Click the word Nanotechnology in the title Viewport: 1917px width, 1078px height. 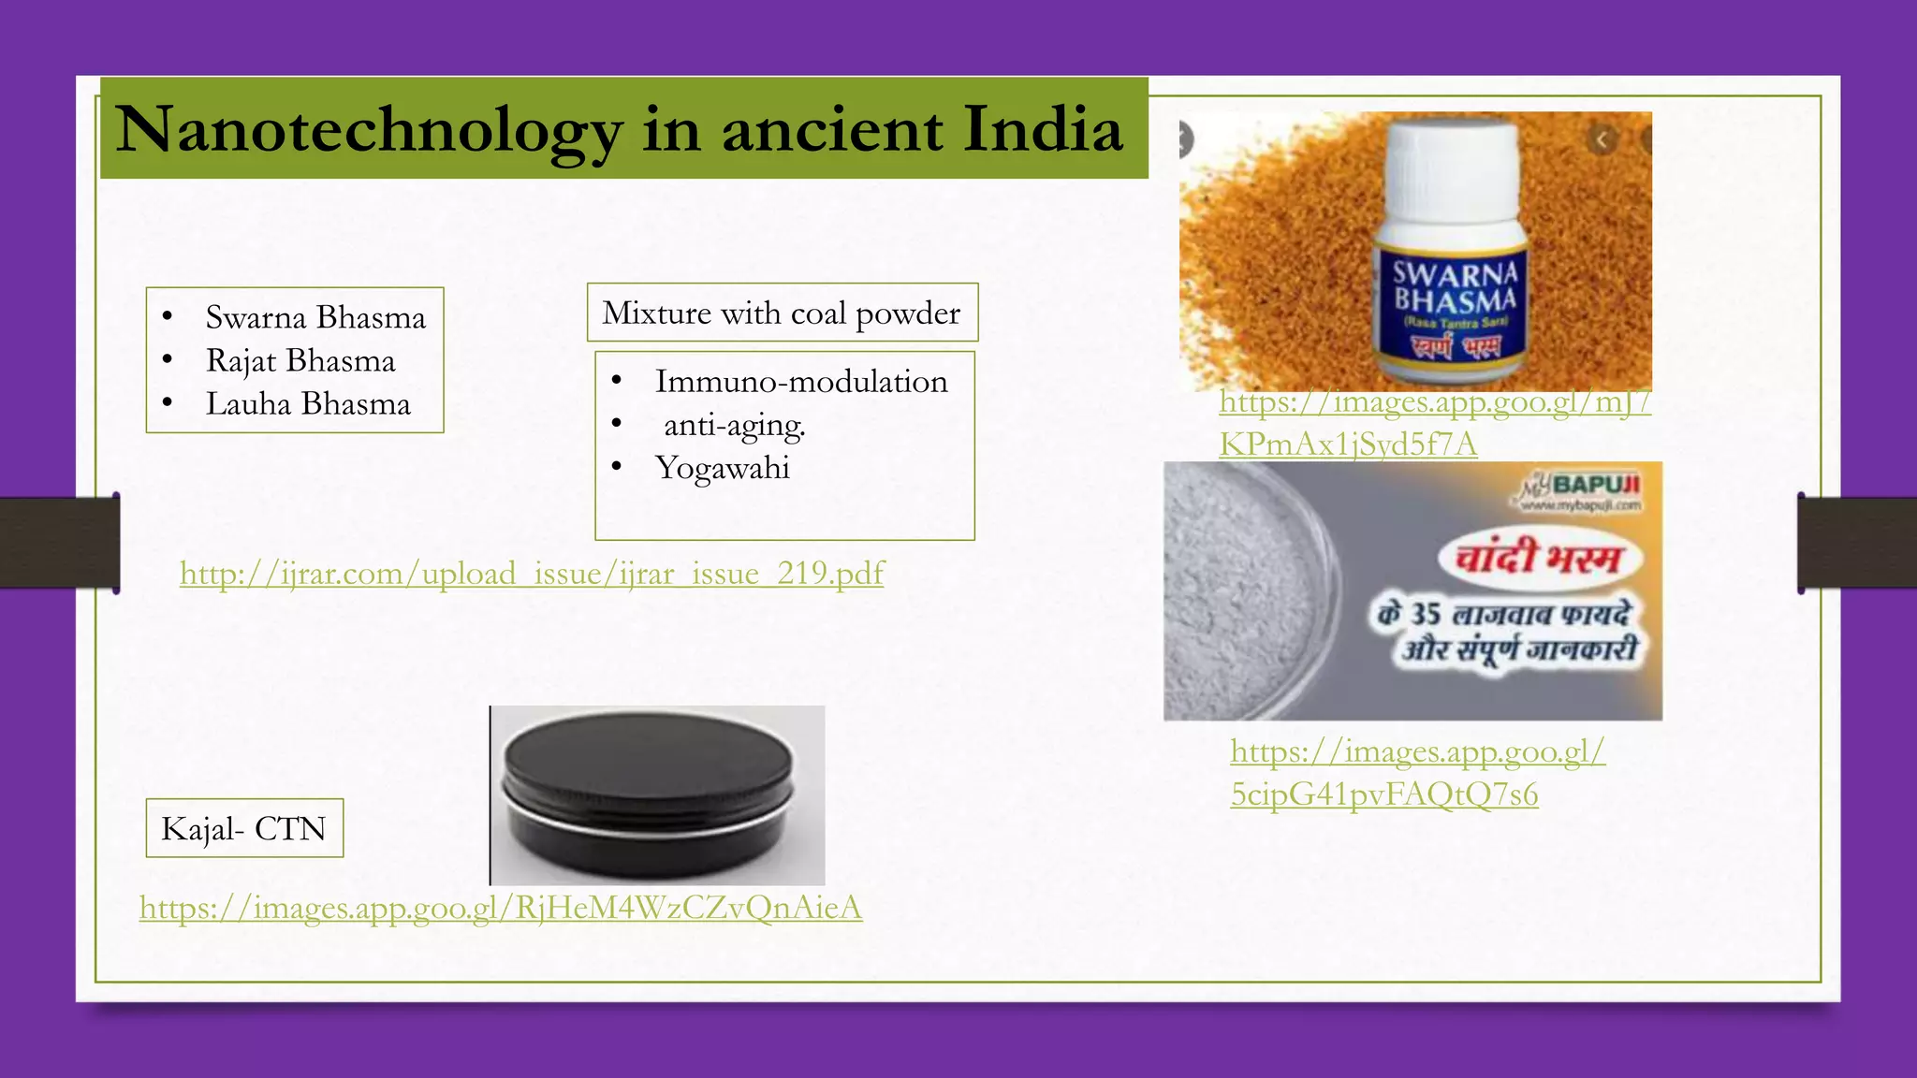(369, 130)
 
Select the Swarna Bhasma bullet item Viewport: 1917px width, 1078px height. (315, 318)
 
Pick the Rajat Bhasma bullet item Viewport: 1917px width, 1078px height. (300, 361)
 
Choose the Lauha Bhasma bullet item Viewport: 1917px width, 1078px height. (308, 404)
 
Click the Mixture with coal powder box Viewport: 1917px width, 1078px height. (782, 313)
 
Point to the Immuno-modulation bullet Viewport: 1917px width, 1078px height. (801, 382)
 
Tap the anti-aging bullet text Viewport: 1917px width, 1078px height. (734, 426)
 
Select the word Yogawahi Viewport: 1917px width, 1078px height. (723, 468)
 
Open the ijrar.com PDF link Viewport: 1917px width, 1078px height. (532, 573)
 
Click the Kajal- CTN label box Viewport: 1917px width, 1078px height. (244, 828)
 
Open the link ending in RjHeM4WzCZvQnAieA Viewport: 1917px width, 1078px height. (501, 908)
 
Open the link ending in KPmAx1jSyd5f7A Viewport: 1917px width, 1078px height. (1348, 444)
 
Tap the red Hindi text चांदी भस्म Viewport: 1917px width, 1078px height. (1539, 559)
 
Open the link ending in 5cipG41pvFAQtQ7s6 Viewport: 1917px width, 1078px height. (1383, 794)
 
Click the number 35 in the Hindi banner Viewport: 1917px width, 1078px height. (1426, 614)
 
